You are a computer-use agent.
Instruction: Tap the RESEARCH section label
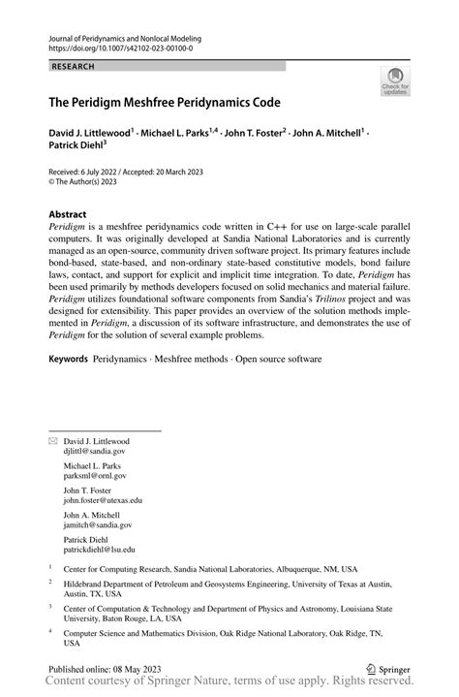(x=73, y=66)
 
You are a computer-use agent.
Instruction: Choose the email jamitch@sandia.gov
(x=97, y=524)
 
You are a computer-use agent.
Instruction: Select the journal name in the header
(x=123, y=37)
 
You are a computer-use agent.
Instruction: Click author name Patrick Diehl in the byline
(x=75, y=147)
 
